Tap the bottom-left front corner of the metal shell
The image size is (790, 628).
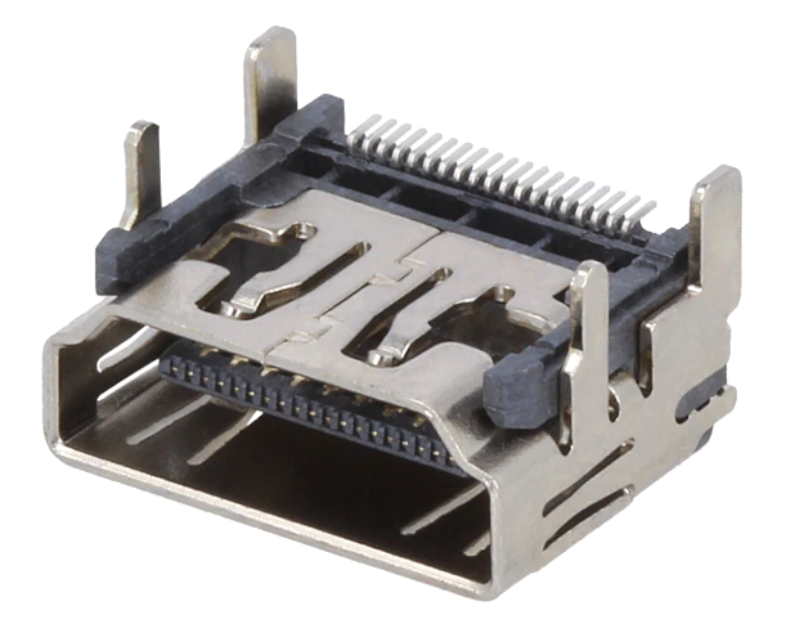65,449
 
